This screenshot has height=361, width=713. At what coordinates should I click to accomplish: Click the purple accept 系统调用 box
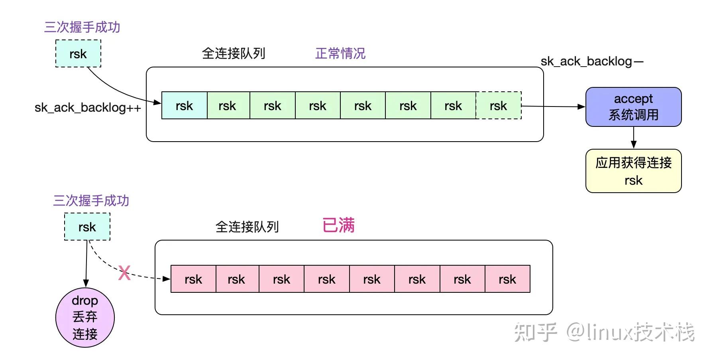tap(633, 107)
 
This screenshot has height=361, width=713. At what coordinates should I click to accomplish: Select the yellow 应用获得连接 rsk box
tap(633, 171)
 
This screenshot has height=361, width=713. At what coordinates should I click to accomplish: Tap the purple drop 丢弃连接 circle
tap(85, 318)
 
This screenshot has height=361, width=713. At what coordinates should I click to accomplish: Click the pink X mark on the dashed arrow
tap(124, 274)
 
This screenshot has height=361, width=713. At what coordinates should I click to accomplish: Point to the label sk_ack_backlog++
tap(88, 108)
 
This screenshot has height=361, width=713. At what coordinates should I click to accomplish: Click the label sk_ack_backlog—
tap(592, 61)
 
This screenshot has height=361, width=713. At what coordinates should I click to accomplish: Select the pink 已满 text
tap(338, 225)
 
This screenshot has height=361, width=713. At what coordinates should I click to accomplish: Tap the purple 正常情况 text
tap(340, 53)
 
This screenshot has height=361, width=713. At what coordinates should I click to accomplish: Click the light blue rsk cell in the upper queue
tap(184, 106)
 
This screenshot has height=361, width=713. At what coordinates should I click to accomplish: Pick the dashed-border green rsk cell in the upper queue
tap(498, 106)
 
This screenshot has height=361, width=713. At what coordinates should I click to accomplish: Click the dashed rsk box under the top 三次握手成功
tap(78, 53)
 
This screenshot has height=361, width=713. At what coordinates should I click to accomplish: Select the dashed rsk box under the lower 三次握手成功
tap(87, 227)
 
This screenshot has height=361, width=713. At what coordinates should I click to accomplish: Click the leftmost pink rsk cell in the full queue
tap(193, 279)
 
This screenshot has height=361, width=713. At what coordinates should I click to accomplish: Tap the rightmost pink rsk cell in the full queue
tap(507, 279)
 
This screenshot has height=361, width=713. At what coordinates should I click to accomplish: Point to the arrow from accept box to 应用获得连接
tap(634, 138)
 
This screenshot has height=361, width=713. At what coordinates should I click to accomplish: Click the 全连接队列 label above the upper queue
tap(234, 53)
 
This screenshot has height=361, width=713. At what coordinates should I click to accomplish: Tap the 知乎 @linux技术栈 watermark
tap(604, 332)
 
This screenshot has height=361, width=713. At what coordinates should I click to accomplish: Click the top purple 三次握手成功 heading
tap(82, 27)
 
